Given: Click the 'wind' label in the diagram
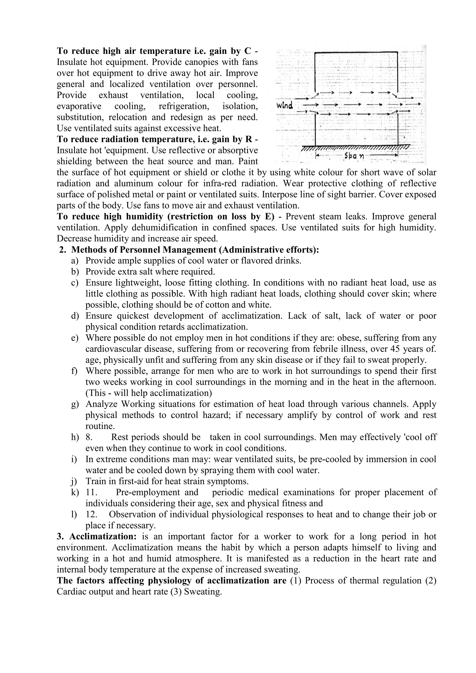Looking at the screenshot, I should click(284, 105).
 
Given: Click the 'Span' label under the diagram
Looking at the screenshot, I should click(354, 157).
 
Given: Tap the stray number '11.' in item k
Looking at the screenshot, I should click(91, 492).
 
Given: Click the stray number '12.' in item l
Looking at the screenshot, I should click(91, 515).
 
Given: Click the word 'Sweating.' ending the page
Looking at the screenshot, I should click(203, 592).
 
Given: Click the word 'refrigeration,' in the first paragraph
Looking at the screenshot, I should click(184, 106).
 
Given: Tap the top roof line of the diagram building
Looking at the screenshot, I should click(356, 53).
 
